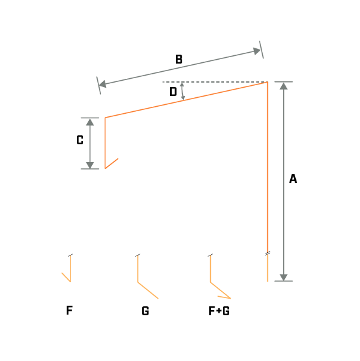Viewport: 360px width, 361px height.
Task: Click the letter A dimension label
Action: point(293,179)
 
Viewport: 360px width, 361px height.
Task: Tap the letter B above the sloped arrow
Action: point(179,59)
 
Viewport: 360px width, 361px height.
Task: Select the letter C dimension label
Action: point(80,140)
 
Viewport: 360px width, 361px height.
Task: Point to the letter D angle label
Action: point(173,92)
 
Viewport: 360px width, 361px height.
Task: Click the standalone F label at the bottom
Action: point(69,310)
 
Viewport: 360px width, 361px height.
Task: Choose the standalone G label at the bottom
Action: point(145,311)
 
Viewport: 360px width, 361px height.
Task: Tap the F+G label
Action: point(219,311)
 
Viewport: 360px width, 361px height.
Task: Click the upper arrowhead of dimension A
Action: point(284,86)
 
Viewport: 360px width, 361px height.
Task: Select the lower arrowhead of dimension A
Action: point(284,278)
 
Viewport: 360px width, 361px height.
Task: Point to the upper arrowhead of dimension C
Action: point(90,122)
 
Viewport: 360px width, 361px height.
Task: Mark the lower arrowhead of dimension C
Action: point(90,165)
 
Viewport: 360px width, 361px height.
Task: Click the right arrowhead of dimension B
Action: point(257,51)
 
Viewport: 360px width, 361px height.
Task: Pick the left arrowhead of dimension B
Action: point(103,84)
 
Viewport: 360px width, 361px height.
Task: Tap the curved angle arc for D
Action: point(183,91)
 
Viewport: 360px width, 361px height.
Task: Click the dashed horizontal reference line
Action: point(215,82)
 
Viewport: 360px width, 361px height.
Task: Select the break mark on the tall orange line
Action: point(267,254)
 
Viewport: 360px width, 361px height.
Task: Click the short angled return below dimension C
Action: point(112,164)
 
